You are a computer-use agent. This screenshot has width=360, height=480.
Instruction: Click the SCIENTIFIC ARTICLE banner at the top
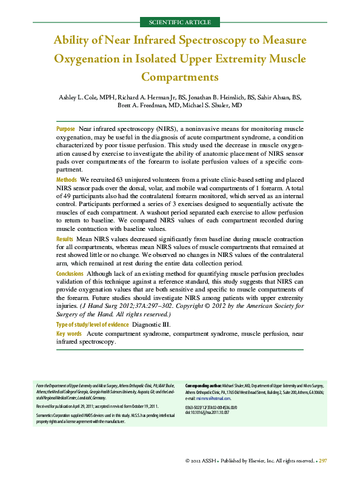click(x=180, y=22)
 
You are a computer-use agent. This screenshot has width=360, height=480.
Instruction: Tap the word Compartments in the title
click(x=180, y=77)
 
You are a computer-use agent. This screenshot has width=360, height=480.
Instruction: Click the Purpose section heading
click(x=65, y=129)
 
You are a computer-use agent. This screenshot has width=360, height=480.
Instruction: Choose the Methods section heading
click(x=66, y=180)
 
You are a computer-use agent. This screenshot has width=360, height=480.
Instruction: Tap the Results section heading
click(x=65, y=239)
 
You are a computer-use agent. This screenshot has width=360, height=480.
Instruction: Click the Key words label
click(x=68, y=334)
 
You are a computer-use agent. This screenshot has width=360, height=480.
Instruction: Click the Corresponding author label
click(x=203, y=385)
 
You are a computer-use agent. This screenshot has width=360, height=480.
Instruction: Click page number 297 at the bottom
click(x=322, y=461)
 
